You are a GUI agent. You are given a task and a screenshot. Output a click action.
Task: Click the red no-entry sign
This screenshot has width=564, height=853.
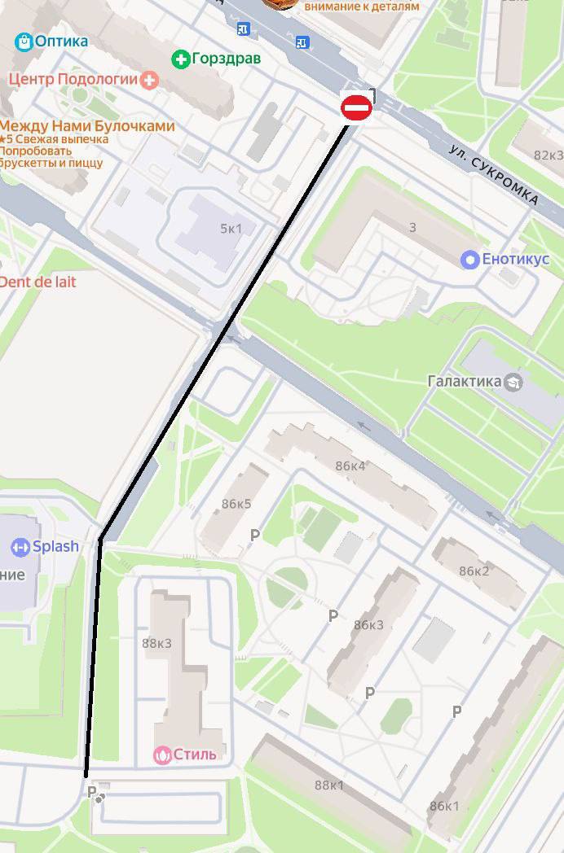coord(356,107)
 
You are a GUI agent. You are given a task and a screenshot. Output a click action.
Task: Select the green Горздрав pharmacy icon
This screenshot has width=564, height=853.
coord(179,59)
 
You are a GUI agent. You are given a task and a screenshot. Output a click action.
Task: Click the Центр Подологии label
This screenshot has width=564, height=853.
coord(73,80)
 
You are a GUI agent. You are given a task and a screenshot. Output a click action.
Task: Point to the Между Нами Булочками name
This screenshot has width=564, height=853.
coord(86,126)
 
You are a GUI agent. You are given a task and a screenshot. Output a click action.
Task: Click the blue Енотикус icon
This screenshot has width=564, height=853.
coord(469,260)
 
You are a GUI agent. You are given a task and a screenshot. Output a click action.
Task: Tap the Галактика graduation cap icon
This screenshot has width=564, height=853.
coord(513,381)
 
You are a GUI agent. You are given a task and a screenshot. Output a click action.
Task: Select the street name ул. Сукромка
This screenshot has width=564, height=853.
coord(494,174)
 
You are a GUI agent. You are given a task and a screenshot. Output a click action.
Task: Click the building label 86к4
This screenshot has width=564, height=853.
coord(350,466)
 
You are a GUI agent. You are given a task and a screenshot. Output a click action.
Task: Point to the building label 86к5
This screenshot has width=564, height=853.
coord(236,504)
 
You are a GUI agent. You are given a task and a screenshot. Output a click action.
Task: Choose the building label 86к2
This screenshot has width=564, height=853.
coord(474,571)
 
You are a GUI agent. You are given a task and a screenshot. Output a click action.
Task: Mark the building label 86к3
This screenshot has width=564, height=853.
coord(368,625)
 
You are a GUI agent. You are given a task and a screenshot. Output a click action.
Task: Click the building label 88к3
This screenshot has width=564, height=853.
coord(156,643)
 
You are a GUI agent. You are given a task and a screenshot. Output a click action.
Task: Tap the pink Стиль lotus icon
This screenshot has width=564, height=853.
coord(162,755)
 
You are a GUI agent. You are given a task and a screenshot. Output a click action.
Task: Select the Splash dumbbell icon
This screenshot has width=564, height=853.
coord(20,548)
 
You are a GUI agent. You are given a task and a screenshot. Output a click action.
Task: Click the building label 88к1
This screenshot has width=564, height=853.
coord(329,785)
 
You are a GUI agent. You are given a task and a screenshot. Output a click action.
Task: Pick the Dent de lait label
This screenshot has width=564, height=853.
coord(38,282)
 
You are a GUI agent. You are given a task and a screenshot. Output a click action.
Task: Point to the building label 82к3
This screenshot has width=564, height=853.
coord(549,155)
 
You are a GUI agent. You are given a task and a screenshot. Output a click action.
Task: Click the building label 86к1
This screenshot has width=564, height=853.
coord(444,806)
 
